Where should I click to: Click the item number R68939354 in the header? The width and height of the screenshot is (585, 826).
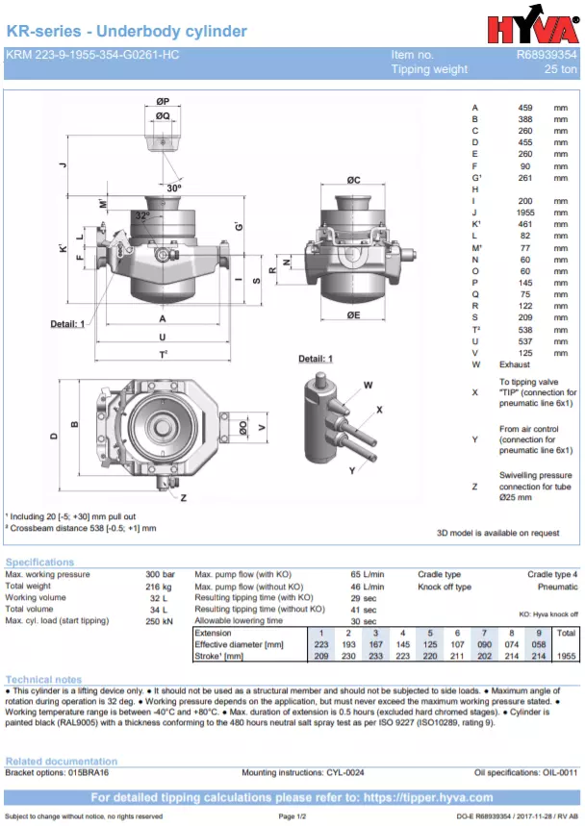click(x=547, y=56)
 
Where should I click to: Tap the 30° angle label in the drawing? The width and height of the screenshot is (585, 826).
click(x=173, y=188)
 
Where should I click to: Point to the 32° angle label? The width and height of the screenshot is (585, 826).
click(x=142, y=215)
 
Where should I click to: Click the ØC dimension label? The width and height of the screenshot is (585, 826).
click(x=353, y=180)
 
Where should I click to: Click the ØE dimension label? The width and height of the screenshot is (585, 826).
click(x=353, y=314)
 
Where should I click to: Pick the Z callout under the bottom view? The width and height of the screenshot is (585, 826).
click(x=183, y=498)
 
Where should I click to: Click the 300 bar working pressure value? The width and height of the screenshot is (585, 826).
click(x=159, y=575)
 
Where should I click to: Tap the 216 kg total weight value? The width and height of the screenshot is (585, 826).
click(x=159, y=587)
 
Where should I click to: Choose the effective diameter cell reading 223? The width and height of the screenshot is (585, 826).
click(x=320, y=644)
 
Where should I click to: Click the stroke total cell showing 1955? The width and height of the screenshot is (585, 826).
click(x=566, y=656)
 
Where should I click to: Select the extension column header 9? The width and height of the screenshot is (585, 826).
click(x=539, y=633)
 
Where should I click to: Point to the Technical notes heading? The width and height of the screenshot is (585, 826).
click(x=43, y=680)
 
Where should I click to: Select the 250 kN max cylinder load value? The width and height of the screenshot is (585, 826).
click(x=158, y=621)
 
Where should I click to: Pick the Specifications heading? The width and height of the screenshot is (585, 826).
click(x=39, y=563)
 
